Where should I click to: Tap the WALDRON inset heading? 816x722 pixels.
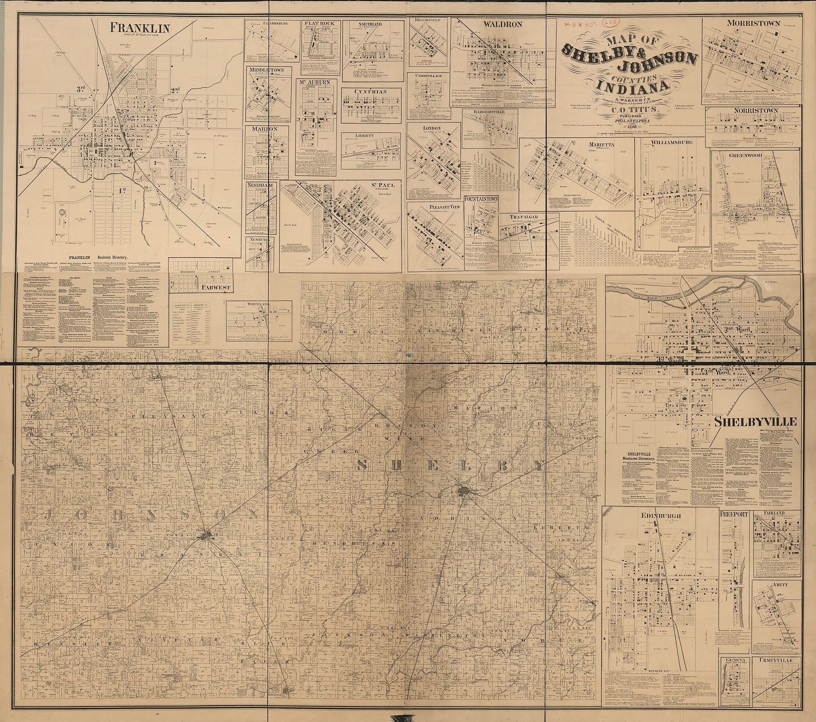(502, 24)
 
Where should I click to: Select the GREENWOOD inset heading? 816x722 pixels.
(742, 156)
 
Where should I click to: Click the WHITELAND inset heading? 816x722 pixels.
(261, 304)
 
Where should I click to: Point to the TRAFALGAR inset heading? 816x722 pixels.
(524, 216)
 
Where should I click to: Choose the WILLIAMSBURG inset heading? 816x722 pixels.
(671, 142)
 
